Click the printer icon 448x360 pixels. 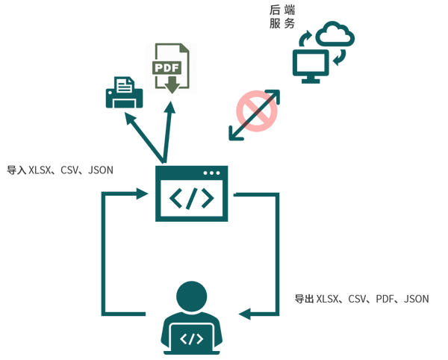pyautogui.click(x=124, y=93)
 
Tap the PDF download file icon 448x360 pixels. pyautogui.click(x=170, y=68)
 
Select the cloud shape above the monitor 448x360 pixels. pyautogui.click(x=335, y=34)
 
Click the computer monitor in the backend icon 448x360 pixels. pyautogui.click(x=311, y=66)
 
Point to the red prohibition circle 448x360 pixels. pyautogui.click(x=257, y=111)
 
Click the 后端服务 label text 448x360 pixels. pyautogui.click(x=282, y=17)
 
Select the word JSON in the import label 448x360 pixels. pyautogui.click(x=101, y=170)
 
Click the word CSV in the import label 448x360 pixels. pyautogui.click(x=69, y=170)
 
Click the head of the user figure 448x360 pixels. pyautogui.click(x=192, y=297)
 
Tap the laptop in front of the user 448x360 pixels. pyautogui.click(x=192, y=339)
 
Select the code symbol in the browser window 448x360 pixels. pyautogui.click(x=192, y=198)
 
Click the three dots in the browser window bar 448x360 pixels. pyautogui.click(x=212, y=173)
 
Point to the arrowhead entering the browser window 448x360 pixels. pyautogui.click(x=142, y=193)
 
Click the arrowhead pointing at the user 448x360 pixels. pyautogui.click(x=245, y=314)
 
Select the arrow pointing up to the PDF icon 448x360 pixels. pyautogui.click(x=168, y=132)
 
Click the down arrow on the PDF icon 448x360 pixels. pyautogui.click(x=172, y=84)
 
